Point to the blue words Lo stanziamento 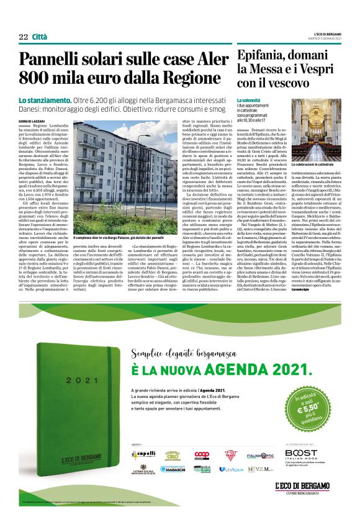[45, 100]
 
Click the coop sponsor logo [201, 455]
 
